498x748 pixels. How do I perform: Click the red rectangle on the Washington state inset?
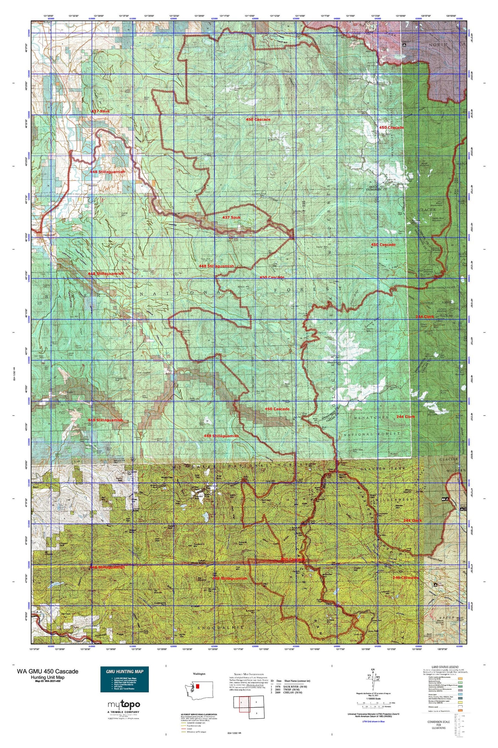pyautogui.click(x=197, y=687)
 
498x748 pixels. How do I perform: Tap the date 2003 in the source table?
pyautogui.click(x=278, y=689)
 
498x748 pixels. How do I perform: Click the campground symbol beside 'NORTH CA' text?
pyautogui.click(x=404, y=45)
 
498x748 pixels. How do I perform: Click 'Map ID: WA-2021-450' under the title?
pyautogui.click(x=48, y=681)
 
